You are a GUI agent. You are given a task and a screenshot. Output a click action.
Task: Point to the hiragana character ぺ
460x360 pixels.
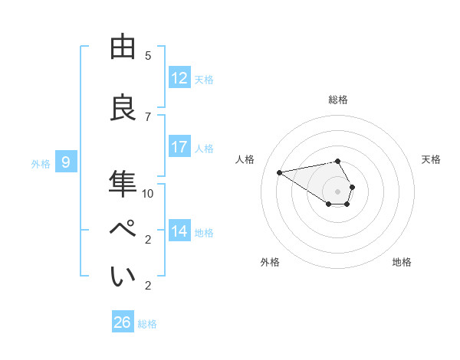click(123, 231)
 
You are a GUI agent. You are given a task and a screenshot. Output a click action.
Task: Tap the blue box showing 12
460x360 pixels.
click(179, 78)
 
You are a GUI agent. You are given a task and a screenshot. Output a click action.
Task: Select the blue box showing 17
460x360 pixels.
click(179, 147)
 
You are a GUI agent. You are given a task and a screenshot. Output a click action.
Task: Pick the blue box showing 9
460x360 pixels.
click(67, 162)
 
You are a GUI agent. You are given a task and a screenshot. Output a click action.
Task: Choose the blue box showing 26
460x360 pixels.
click(123, 322)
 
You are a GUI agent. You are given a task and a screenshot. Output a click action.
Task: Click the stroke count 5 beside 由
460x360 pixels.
click(148, 56)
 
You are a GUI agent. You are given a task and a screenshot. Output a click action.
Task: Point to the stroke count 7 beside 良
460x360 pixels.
click(148, 116)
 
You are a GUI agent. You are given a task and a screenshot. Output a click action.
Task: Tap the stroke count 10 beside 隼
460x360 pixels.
click(148, 193)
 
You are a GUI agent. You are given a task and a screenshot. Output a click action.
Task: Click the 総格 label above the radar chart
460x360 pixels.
click(338, 100)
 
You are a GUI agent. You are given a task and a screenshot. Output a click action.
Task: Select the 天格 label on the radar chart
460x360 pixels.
click(432, 159)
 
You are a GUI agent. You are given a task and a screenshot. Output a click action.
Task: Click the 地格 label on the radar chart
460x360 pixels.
click(402, 262)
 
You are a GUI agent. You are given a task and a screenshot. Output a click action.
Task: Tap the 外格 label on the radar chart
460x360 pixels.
click(270, 262)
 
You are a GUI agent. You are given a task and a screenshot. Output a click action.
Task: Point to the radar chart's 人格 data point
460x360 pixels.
click(280, 172)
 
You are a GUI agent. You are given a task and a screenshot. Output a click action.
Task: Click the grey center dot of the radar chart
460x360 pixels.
click(338, 191)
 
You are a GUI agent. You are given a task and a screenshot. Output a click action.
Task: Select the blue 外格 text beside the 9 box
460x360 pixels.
click(41, 163)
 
